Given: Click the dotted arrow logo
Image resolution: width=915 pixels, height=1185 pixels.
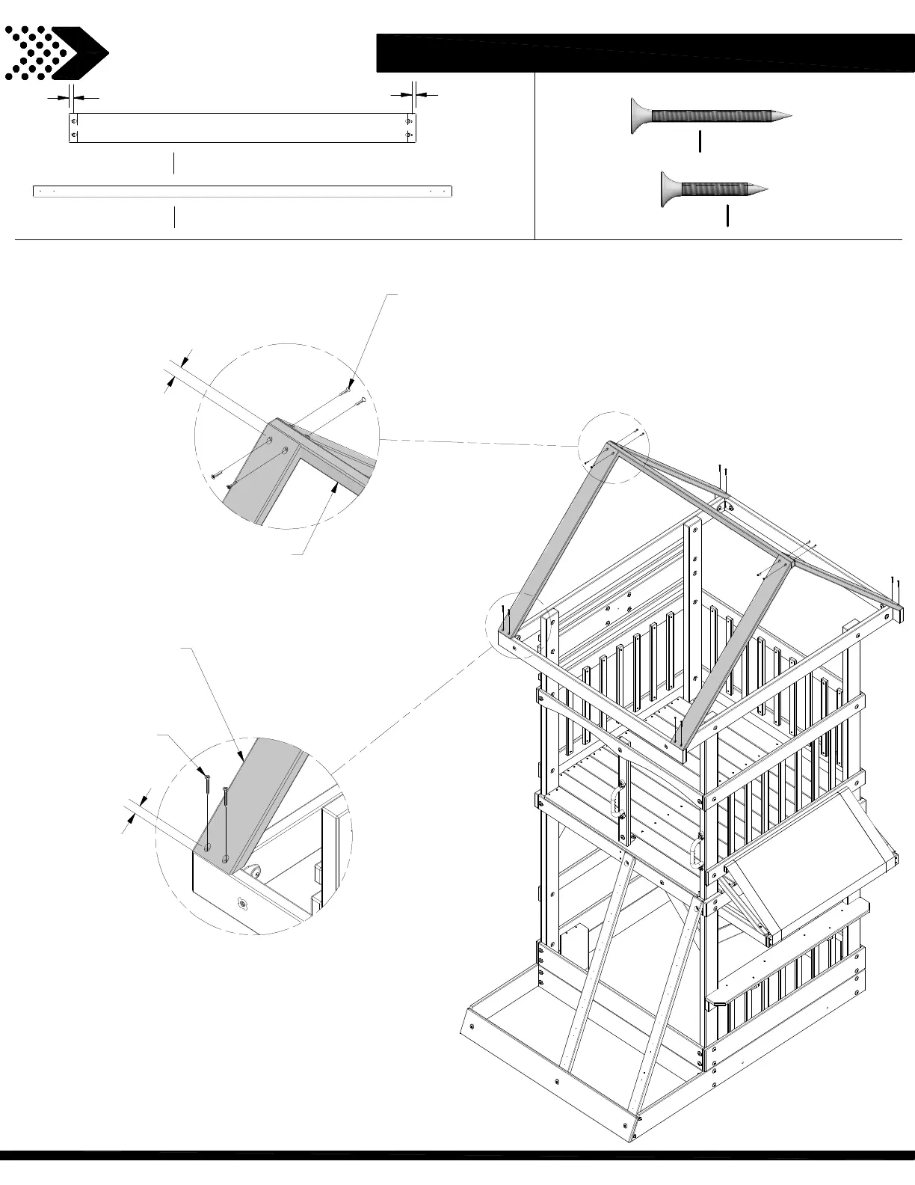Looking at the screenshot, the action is tap(56, 52).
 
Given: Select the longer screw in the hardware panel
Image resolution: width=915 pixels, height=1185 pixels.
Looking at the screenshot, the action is tap(710, 117).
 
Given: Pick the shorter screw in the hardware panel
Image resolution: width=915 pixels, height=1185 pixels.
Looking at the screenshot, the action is tap(714, 189).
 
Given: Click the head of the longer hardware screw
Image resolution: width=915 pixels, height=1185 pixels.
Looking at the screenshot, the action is tap(641, 117).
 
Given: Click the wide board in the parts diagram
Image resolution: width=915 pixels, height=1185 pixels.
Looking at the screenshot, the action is tap(242, 127).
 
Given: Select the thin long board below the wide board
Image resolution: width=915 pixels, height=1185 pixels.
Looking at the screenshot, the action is tap(242, 191).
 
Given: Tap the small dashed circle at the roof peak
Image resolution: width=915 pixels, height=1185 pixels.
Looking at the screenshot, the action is tap(613, 447).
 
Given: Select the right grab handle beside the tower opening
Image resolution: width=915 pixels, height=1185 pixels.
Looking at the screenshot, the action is tap(697, 851).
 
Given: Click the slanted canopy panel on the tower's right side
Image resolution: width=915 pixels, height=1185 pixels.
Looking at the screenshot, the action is tap(811, 860).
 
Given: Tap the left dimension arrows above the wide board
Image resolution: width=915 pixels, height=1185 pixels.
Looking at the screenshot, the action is tap(73, 97).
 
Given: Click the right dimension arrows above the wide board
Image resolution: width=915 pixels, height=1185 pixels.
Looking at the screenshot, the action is tap(413, 94).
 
